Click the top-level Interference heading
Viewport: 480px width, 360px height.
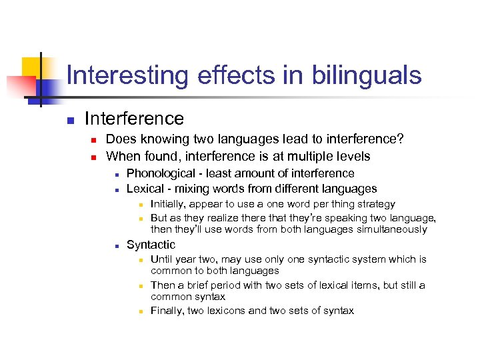pos(134,119)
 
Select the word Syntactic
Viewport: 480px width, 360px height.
pos(151,245)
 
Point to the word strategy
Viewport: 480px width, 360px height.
pos(373,204)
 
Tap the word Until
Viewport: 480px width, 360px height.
pos(162,259)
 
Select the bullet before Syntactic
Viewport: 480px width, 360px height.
pos(116,246)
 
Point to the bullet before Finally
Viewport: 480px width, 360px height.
pos(141,311)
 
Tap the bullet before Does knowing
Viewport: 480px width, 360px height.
pos(94,141)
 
